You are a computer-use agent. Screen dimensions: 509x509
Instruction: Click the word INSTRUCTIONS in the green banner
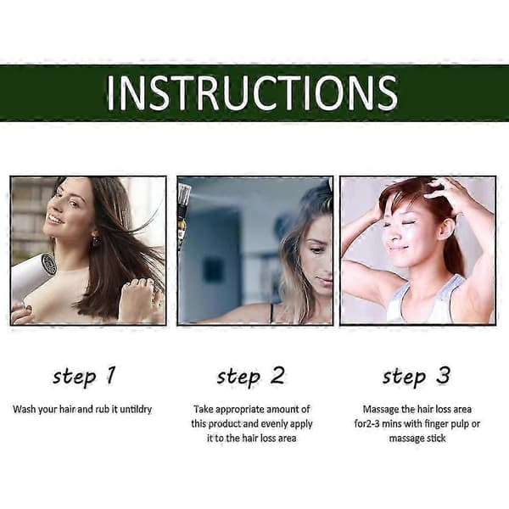pyautogui.click(x=252, y=93)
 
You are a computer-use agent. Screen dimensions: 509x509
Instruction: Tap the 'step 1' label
pyautogui.click(x=84, y=376)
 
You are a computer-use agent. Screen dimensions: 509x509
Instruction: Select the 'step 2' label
pyautogui.click(x=251, y=376)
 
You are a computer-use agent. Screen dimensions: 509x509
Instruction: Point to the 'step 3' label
pyautogui.click(x=417, y=376)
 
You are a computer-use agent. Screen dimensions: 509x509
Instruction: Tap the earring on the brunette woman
pyautogui.click(x=96, y=241)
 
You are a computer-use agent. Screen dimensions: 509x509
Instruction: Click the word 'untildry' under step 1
pyautogui.click(x=136, y=410)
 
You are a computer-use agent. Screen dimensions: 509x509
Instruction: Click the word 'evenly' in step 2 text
pyautogui.click(x=274, y=424)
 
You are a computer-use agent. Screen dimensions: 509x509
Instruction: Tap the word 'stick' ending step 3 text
pyautogui.click(x=437, y=439)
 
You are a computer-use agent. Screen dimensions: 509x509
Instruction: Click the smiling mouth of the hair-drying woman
pyautogui.click(x=55, y=221)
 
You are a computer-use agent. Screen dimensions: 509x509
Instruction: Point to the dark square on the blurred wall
pyautogui.click(x=213, y=271)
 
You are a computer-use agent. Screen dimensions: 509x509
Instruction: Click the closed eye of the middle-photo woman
pyautogui.click(x=316, y=250)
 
